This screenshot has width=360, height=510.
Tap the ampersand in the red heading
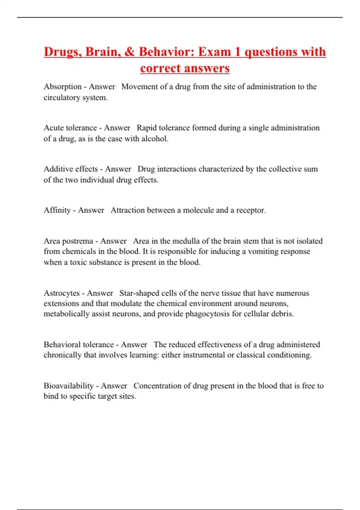pos(129,52)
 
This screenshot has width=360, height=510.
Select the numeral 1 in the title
pos(238,52)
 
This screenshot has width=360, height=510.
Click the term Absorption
pos(62,87)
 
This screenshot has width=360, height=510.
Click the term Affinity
pos(57,210)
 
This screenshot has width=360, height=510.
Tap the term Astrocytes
pos(61,293)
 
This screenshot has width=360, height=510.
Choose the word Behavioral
pos(62,344)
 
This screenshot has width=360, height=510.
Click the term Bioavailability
pos(69,386)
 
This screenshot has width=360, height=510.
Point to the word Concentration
pos(158,386)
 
